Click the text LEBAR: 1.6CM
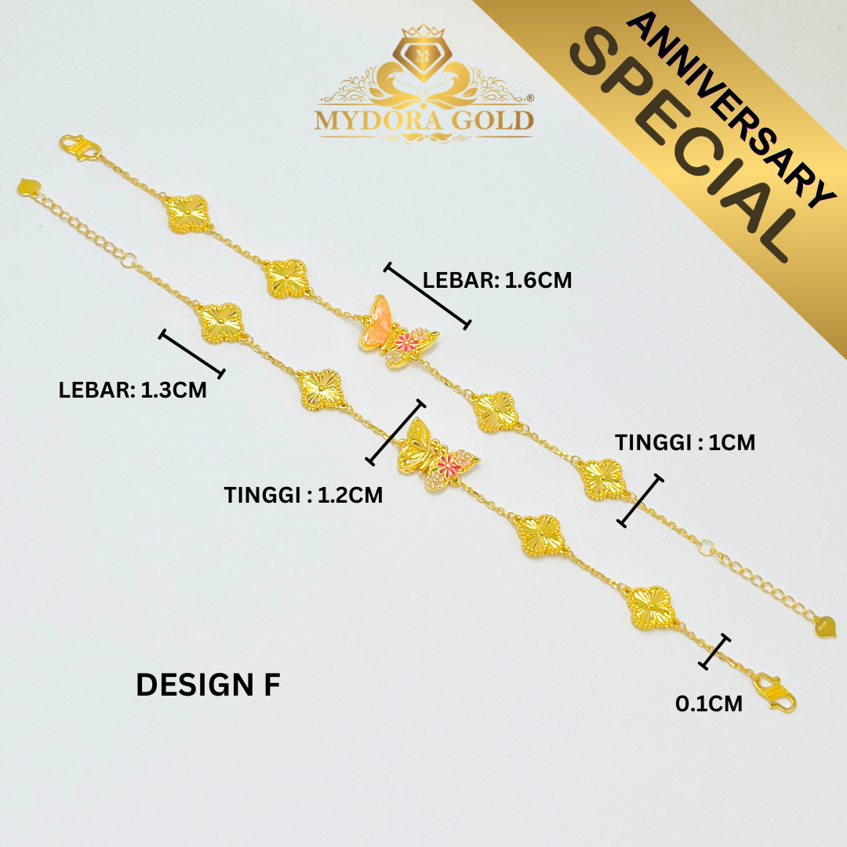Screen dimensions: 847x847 [497, 280]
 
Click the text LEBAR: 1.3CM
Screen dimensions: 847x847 [133, 390]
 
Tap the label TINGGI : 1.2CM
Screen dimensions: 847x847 [304, 495]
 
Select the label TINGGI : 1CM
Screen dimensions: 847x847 [685, 442]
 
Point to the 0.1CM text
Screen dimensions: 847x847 [709, 703]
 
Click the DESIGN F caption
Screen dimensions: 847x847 [208, 685]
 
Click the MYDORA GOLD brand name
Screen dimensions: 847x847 [424, 120]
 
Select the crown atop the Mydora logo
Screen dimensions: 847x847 [423, 31]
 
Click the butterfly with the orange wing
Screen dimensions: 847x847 [398, 332]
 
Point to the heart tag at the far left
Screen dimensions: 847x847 [29, 187]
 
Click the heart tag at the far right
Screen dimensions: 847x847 [825, 627]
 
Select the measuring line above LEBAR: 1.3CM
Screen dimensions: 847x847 [192, 353]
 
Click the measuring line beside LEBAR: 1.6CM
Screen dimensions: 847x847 [427, 296]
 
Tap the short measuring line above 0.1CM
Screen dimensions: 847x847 [714, 652]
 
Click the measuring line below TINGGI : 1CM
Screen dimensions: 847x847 [640, 500]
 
